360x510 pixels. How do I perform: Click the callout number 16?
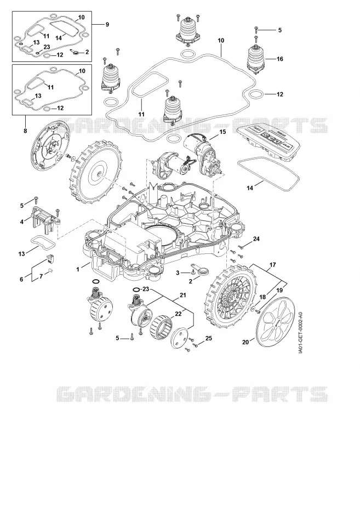[x=280, y=59]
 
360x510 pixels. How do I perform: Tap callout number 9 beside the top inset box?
[x=107, y=24]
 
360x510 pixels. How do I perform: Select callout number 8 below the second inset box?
[x=26, y=131]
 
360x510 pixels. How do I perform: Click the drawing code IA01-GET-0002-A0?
[x=301, y=333]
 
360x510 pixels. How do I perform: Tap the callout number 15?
[x=222, y=132]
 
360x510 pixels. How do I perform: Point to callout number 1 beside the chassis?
[x=78, y=269]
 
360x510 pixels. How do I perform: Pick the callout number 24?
[x=256, y=239]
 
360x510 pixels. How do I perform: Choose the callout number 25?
[x=209, y=338]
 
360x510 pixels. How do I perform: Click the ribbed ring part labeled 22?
[x=161, y=327]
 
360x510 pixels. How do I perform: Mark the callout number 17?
[x=272, y=265]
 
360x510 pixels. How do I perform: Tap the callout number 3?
[x=178, y=273]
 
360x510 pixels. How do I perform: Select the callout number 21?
[x=183, y=296]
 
